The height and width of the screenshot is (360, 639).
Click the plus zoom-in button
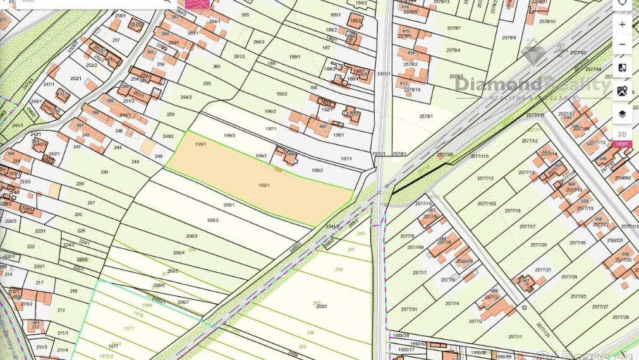click(622, 25)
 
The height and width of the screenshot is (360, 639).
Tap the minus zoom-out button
click(622, 45)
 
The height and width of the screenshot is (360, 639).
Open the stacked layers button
click(622, 114)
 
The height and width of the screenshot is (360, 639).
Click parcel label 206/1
click(229, 205)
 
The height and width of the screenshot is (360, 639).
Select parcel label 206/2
click(213, 220)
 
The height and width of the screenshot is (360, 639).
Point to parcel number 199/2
click(317, 170)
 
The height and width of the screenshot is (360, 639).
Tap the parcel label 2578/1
click(426, 116)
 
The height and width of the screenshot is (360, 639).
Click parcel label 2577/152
click(487, 203)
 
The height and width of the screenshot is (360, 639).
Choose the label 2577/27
click(600, 307)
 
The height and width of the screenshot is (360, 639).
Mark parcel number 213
click(61, 310)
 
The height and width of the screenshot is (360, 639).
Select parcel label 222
click(31, 246)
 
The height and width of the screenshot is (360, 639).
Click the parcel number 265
click(245, 15)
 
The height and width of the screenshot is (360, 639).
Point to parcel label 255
click(207, 83)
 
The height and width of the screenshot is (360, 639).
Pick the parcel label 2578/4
click(453, 50)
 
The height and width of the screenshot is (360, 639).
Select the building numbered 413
click(403, 83)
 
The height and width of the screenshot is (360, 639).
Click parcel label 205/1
click(321, 306)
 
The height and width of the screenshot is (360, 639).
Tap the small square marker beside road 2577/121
click(524, 308)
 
